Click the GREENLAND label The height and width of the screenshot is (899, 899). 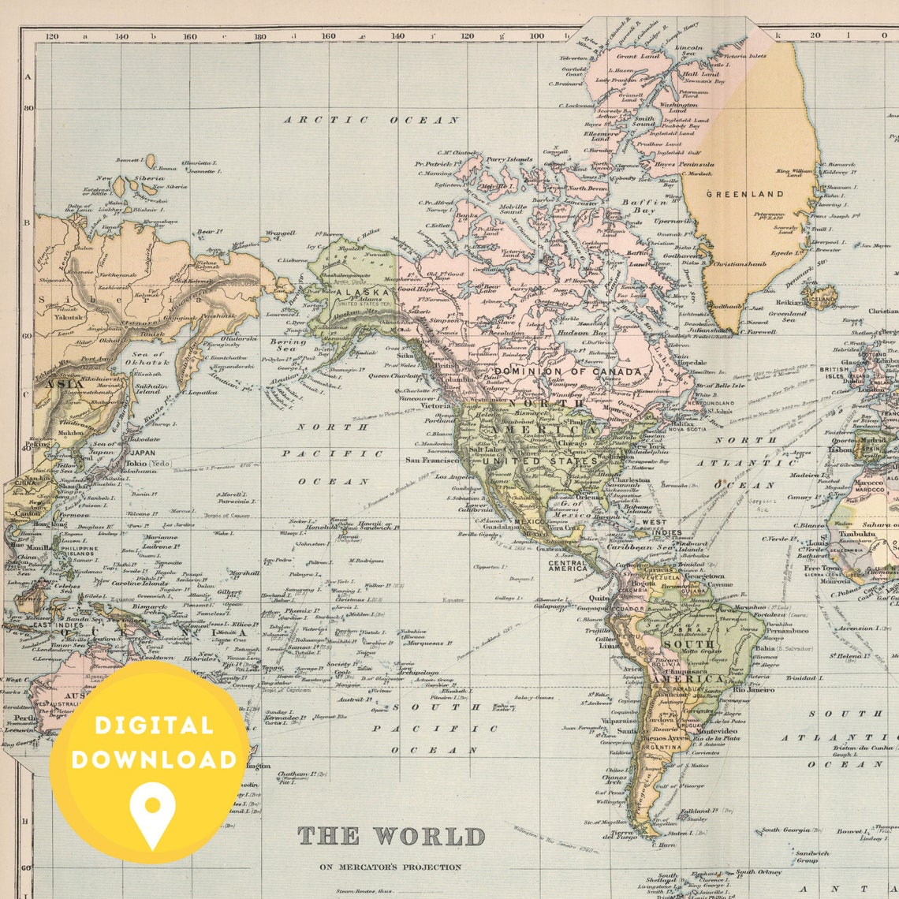pyautogui.click(x=744, y=194)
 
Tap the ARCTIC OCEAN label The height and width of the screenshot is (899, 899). pyautogui.click(x=371, y=120)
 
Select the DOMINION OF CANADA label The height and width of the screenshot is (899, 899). pyautogui.click(x=568, y=371)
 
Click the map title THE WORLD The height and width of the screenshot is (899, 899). pyautogui.click(x=391, y=836)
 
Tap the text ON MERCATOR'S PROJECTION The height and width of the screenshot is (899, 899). pyautogui.click(x=391, y=867)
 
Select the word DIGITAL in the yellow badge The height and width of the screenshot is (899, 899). pyautogui.click(x=153, y=726)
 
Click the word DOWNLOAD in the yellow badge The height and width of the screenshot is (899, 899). pyautogui.click(x=153, y=759)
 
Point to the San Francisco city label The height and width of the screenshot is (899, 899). pyautogui.click(x=432, y=460)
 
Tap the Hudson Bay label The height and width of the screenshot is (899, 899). pyautogui.click(x=584, y=333)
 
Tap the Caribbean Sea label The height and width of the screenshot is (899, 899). pyautogui.click(x=640, y=546)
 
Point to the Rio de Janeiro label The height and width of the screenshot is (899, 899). pyautogui.click(x=755, y=688)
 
